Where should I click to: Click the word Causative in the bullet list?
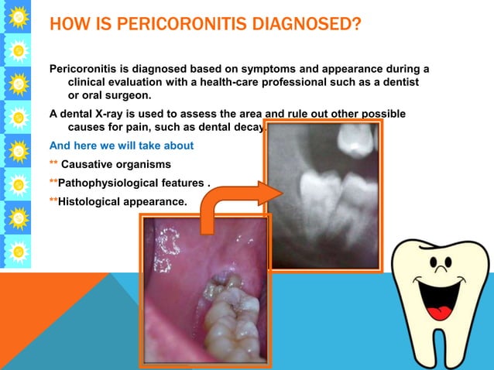click(87, 164)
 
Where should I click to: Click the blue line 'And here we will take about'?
click(122, 146)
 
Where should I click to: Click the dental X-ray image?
click(321, 194)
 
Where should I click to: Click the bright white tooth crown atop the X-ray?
click(358, 138)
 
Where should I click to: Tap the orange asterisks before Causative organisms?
click(53, 164)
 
